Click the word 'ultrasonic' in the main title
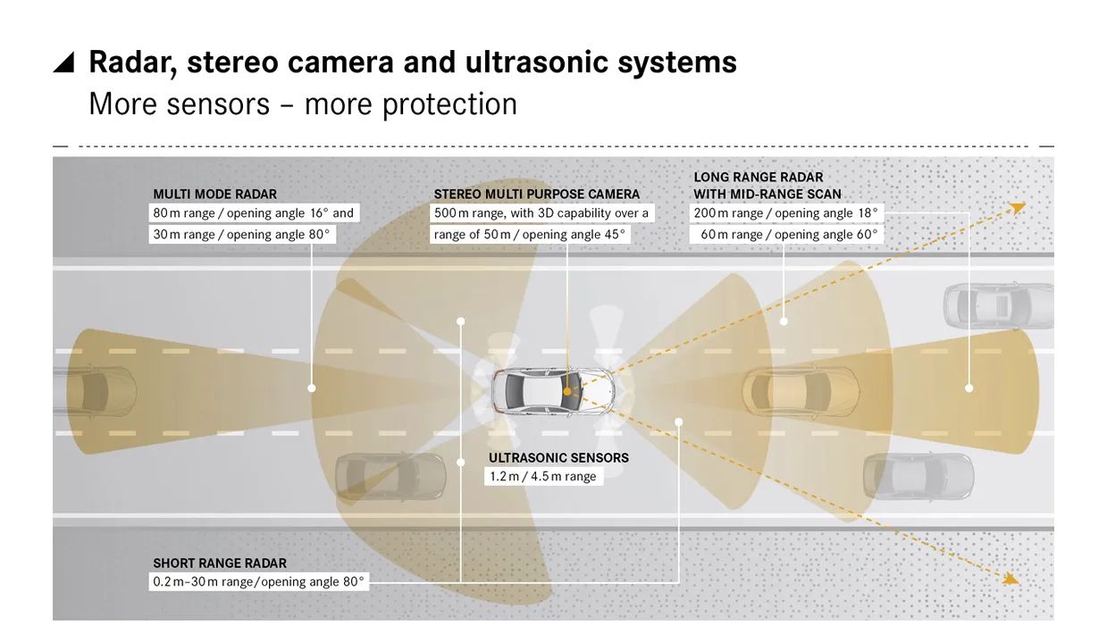(x=537, y=62)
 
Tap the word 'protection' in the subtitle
(x=449, y=104)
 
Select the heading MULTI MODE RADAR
(x=215, y=195)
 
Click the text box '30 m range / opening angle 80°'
(x=242, y=235)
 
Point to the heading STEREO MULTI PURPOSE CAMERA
(x=537, y=195)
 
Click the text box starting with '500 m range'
(x=542, y=213)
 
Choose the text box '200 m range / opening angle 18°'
(x=786, y=213)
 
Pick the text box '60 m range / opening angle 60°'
(x=786, y=235)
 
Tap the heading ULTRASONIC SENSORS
(x=558, y=458)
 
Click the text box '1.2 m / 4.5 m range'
(x=543, y=477)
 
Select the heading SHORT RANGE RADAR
(x=220, y=563)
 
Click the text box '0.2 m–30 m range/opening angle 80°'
(x=258, y=582)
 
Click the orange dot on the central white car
(x=567, y=391)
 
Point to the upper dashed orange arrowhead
(x=1017, y=208)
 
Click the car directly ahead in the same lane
(x=801, y=391)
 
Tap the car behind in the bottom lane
(x=390, y=477)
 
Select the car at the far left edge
(x=95, y=391)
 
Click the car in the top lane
(x=998, y=306)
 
